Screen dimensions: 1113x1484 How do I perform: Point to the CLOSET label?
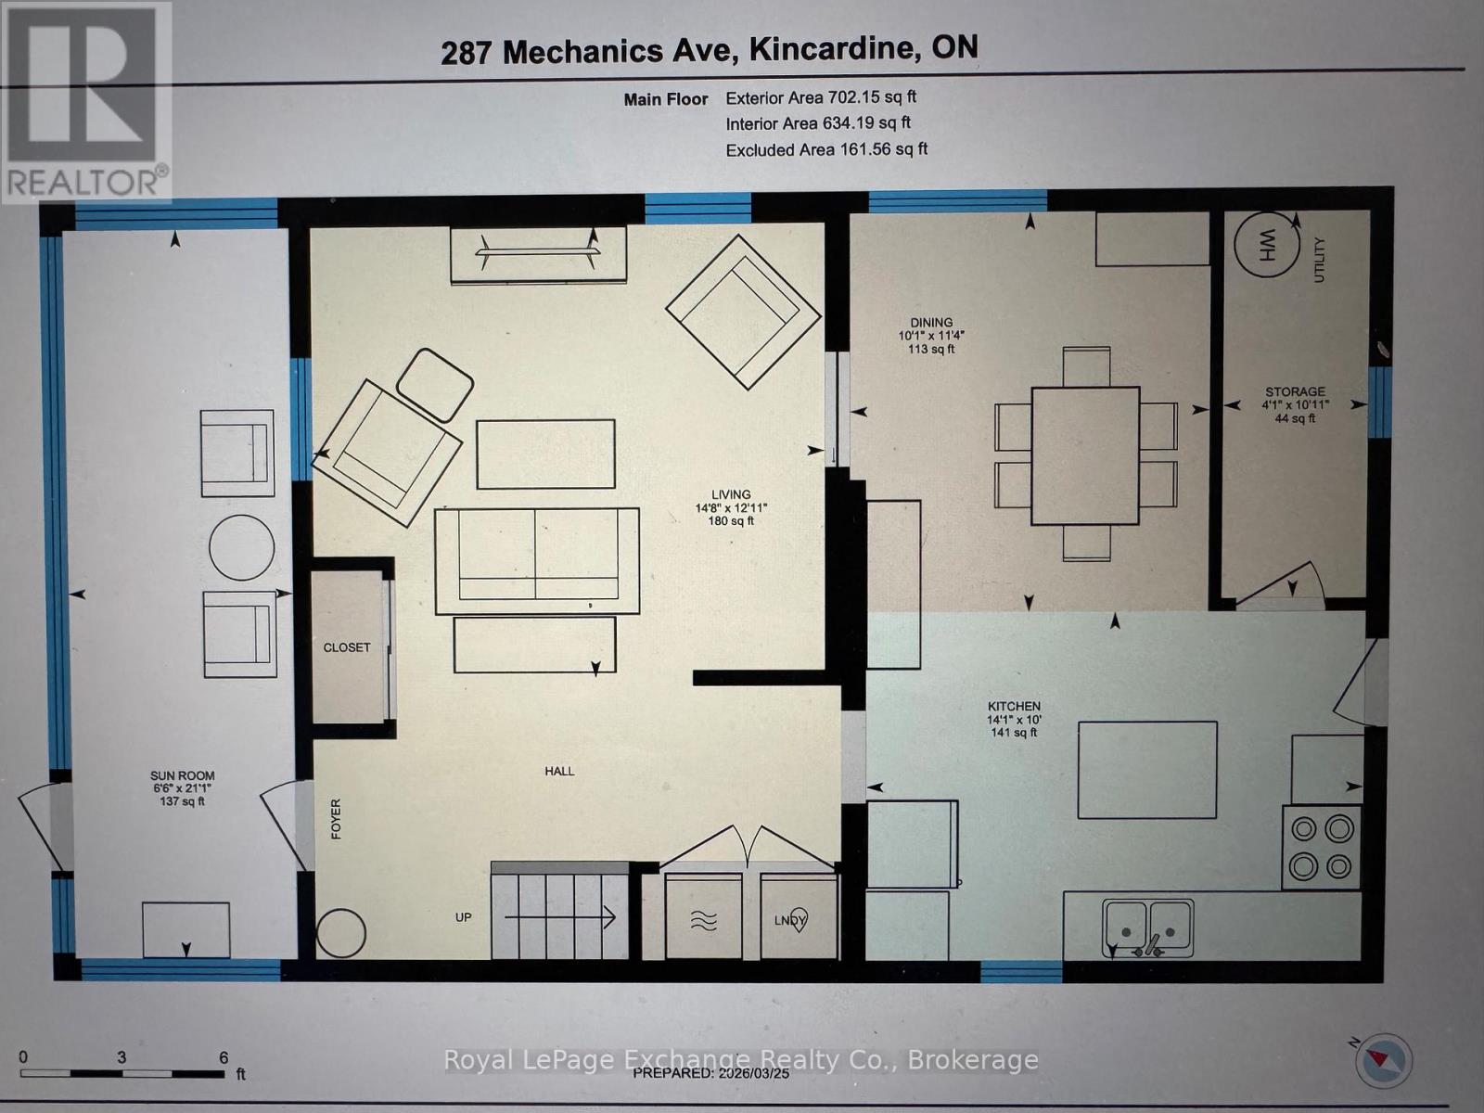coord(347,647)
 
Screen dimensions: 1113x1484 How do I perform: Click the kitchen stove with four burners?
coord(1321,846)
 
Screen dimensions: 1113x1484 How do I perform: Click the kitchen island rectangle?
coord(1147,770)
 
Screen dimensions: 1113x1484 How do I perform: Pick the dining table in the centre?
coord(1085,454)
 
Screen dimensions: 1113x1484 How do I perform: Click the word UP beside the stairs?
coord(464,917)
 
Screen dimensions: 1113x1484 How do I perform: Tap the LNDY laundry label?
coord(791,920)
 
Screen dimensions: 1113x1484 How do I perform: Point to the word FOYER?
coord(336,819)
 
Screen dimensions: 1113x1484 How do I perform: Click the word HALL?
coord(559,771)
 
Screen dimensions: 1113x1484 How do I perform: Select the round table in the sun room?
coord(241,547)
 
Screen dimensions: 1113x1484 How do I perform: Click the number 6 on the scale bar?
coord(223,1057)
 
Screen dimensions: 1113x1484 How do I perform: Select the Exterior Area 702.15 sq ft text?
coord(821,96)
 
